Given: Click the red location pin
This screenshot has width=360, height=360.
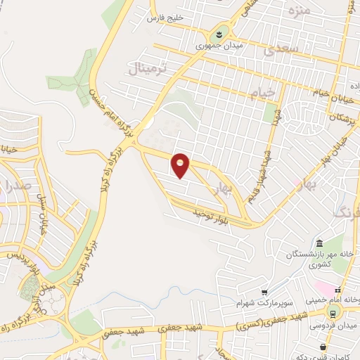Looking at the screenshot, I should tap(181, 165).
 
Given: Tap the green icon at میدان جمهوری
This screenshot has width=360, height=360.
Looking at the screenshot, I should tap(219, 34).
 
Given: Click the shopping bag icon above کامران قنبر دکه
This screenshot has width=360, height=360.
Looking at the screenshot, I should tap(323, 346).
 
